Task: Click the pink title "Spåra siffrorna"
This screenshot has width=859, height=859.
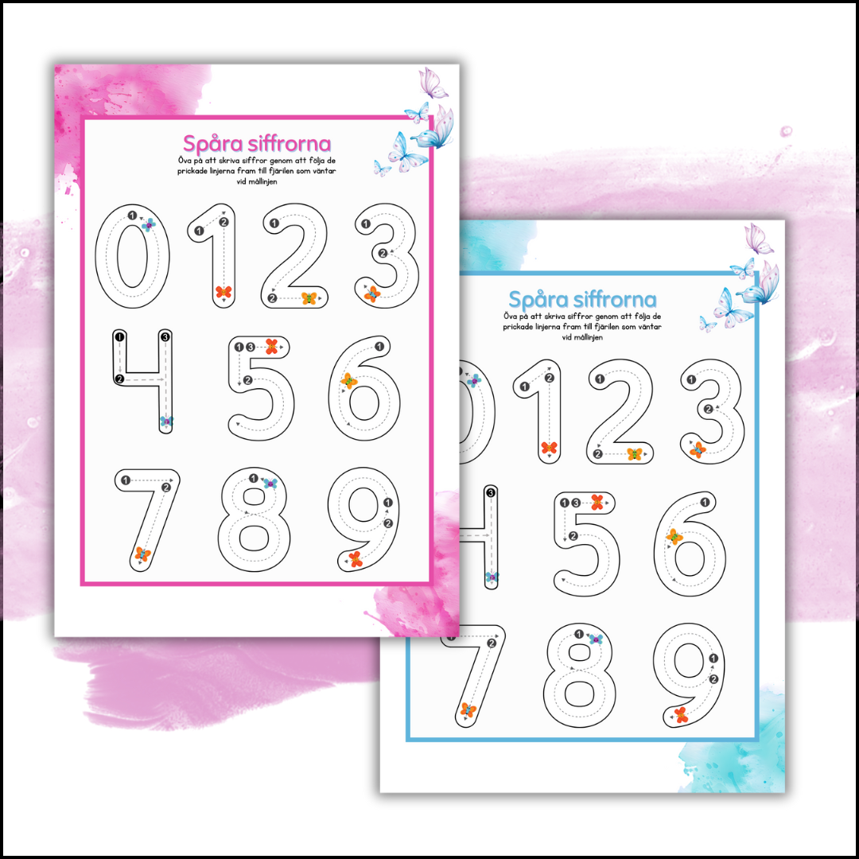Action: [x=257, y=143]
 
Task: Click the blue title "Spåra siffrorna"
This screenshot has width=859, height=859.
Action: [x=582, y=300]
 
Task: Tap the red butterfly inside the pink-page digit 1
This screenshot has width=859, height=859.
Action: [x=223, y=291]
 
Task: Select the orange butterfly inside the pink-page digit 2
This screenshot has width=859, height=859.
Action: [x=309, y=298]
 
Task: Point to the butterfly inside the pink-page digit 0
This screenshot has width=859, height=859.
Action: [x=149, y=224]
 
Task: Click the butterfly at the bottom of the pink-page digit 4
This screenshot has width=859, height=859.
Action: [x=166, y=422]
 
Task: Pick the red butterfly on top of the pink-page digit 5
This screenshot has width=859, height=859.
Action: [x=272, y=346]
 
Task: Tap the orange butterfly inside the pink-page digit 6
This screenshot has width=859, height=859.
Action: [x=348, y=380]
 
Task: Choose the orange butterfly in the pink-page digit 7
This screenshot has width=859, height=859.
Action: [x=143, y=554]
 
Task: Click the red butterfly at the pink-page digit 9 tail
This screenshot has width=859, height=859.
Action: [x=356, y=559]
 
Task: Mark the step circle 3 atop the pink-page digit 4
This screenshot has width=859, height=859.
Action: [x=165, y=336]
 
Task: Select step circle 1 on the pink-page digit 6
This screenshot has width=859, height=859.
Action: [x=379, y=347]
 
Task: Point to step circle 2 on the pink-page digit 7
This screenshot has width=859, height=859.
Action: [x=166, y=488]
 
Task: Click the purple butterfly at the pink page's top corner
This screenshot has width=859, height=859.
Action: [x=432, y=83]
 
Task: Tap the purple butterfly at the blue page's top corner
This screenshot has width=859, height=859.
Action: [x=758, y=239]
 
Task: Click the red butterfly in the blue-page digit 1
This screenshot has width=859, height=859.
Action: [x=549, y=448]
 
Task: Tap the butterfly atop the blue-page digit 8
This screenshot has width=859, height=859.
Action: [x=596, y=639]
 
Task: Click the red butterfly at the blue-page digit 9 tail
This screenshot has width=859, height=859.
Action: [x=681, y=715]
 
